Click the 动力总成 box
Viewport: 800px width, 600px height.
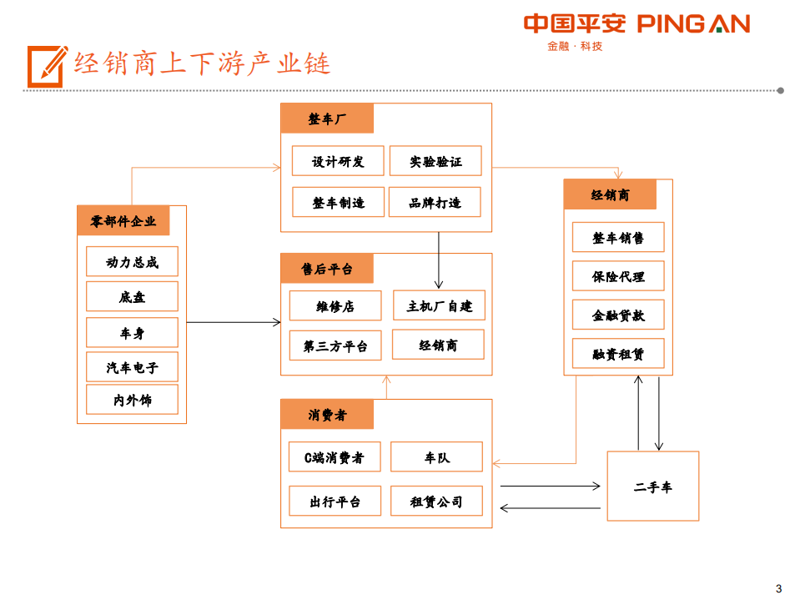pyautogui.click(x=132, y=262)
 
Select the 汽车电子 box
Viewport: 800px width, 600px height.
pyautogui.click(x=132, y=366)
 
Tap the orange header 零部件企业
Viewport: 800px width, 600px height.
pyautogui.click(x=123, y=221)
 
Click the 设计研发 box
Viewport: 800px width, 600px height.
pyautogui.click(x=338, y=161)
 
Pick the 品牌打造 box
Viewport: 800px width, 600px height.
pyautogui.click(x=435, y=202)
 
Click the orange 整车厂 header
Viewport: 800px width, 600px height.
pyautogui.click(x=327, y=118)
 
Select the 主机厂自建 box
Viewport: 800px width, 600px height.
pyautogui.click(x=439, y=305)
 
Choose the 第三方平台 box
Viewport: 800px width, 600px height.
pyautogui.click(x=335, y=345)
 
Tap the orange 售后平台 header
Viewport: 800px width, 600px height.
pyautogui.click(x=327, y=269)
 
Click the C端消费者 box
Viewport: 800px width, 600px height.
pyautogui.click(x=335, y=457)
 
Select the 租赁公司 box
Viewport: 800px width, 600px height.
pyautogui.click(x=435, y=501)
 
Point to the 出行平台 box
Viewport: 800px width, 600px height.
pyautogui.click(x=335, y=501)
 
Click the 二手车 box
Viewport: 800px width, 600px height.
pyautogui.click(x=652, y=487)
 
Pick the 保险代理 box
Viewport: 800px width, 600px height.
pyautogui.click(x=618, y=276)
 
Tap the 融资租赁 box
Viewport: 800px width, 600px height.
pyautogui.click(x=618, y=354)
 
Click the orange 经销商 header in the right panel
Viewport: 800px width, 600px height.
pyautogui.click(x=610, y=194)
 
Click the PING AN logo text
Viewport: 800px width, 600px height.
pyautogui.click(x=693, y=24)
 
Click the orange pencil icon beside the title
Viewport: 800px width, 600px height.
pyautogui.click(x=47, y=65)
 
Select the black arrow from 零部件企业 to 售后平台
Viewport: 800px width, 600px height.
pyautogui.click(x=234, y=322)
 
